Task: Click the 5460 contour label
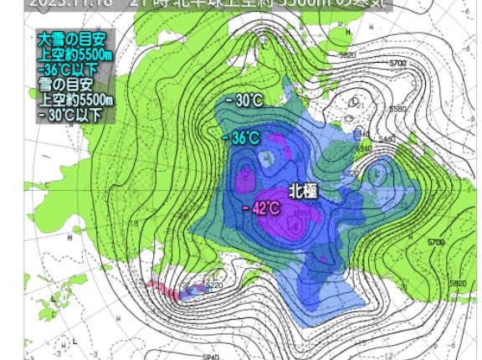[386, 138]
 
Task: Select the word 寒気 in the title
[369, 3]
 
